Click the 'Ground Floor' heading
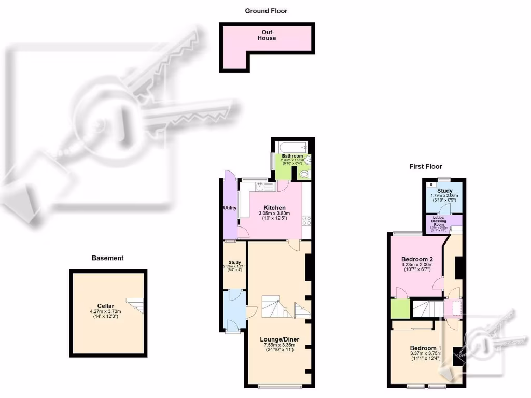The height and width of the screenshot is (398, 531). coord(266,11)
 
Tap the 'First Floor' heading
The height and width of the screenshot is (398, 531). coord(425,166)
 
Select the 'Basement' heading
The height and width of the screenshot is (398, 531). coord(108,258)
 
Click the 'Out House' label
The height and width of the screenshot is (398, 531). coord(267,35)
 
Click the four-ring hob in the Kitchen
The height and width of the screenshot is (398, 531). coord(306,222)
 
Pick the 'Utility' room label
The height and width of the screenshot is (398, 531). coord(230,208)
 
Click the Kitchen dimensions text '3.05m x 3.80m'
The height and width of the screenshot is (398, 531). coord(274,213)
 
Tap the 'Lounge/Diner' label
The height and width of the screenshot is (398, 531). coord(280,339)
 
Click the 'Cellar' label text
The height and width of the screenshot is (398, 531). coord(105,306)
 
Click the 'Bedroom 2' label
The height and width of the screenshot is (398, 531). coord(416,259)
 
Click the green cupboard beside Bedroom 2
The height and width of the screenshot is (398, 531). coord(399,309)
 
